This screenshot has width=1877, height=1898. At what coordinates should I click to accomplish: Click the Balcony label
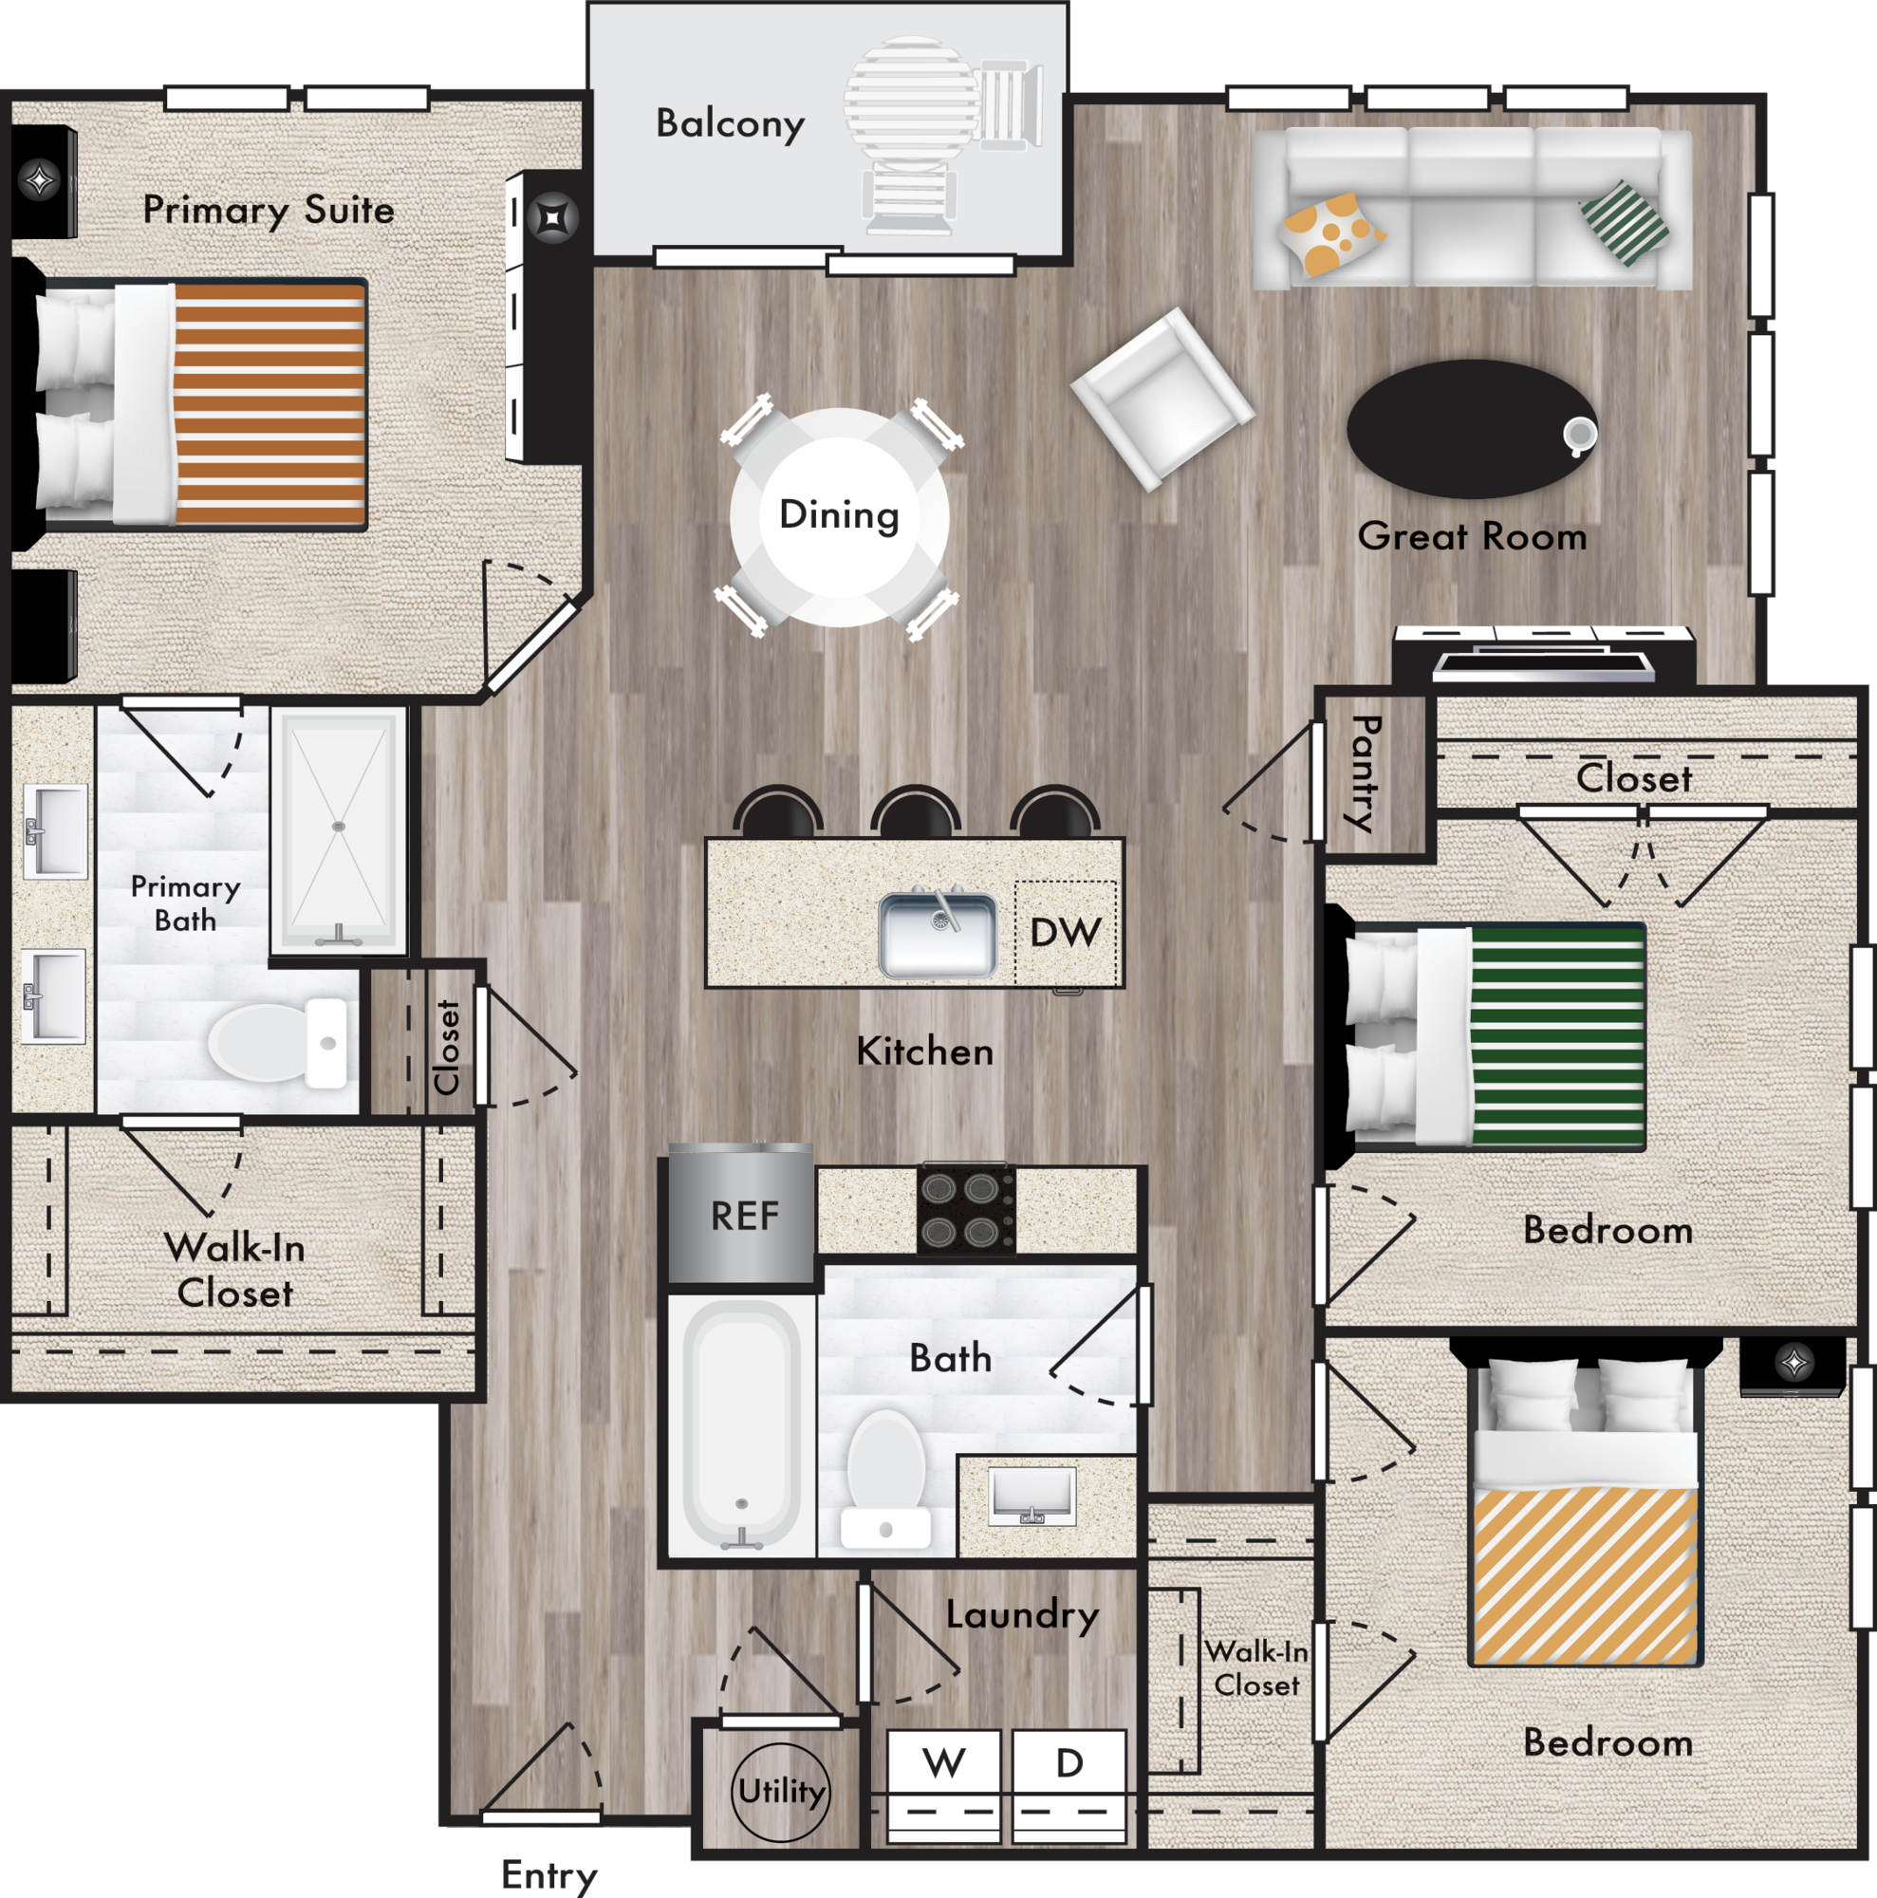tap(730, 123)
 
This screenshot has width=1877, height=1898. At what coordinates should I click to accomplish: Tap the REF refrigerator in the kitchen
tap(740, 1215)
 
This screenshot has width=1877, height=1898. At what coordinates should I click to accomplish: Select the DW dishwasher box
tap(1066, 932)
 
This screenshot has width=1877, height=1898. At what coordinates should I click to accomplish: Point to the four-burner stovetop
tap(965, 1208)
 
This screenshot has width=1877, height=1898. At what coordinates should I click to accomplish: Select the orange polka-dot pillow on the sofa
tap(1331, 233)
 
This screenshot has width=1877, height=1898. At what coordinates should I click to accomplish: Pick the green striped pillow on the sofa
tap(1624, 223)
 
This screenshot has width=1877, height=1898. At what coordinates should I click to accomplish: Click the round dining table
tap(840, 517)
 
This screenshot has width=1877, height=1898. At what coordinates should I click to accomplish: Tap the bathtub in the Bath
tap(741, 1425)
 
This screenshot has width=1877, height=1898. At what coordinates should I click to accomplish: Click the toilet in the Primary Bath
tap(278, 1042)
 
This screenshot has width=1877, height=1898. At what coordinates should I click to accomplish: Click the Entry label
tap(549, 1874)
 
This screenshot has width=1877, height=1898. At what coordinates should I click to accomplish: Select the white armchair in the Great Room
tap(1162, 399)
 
